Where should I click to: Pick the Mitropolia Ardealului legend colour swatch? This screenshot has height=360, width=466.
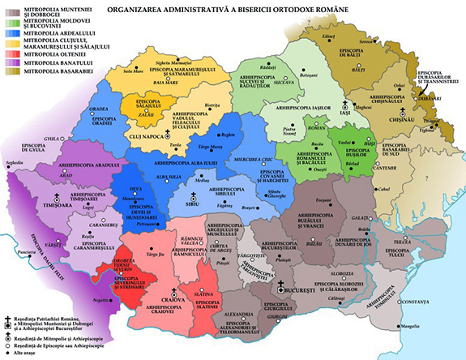click(9, 35)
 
